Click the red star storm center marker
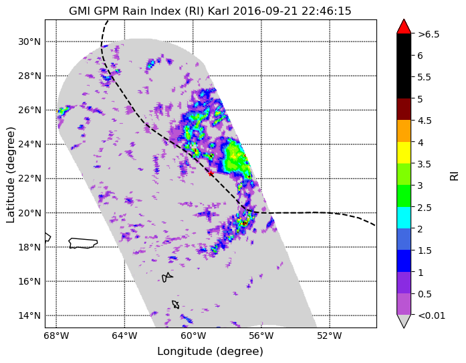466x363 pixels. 211,173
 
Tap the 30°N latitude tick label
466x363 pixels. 29,42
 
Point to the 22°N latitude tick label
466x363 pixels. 29,179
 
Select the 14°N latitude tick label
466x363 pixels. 29,315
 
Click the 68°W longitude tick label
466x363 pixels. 56,336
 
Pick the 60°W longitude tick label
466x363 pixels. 193,336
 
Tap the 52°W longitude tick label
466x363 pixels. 330,336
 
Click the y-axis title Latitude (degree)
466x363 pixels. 11,175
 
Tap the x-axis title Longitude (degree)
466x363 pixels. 210,352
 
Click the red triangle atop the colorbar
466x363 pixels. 404,27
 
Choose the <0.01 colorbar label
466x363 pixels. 431,315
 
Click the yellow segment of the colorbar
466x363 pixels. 404,153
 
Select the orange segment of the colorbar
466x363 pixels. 404,131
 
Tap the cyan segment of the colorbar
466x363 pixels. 404,218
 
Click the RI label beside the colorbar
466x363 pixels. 454,175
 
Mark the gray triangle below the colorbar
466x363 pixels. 404,321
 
